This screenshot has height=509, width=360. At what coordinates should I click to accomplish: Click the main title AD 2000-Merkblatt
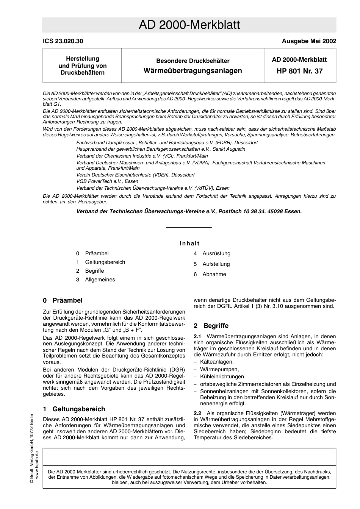click(189, 25)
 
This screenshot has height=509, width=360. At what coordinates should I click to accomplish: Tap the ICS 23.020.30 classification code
click(63, 41)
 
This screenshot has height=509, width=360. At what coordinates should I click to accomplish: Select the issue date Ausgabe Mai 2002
click(308, 41)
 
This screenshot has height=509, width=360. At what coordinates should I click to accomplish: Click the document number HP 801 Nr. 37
click(299, 71)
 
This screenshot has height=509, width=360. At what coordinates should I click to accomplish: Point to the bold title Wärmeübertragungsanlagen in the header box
click(193, 71)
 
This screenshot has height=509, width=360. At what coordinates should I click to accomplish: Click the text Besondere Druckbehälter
click(193, 61)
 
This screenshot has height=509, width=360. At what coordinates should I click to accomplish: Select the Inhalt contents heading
click(189, 244)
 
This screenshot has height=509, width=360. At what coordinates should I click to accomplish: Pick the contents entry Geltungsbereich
click(105, 262)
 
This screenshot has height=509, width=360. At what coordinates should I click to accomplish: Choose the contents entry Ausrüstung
click(216, 253)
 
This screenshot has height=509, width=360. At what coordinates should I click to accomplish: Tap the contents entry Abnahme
click(214, 274)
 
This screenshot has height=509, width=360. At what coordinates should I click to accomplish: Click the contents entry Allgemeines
click(100, 279)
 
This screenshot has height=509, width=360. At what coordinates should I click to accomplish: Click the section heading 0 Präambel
click(63, 300)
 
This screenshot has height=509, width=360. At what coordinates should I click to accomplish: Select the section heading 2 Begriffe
click(211, 326)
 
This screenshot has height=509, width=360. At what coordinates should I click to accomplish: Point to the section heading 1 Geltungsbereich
click(74, 409)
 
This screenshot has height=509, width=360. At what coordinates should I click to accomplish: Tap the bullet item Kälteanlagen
click(217, 362)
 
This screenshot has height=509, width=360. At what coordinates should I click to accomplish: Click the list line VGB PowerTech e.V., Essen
click(107, 181)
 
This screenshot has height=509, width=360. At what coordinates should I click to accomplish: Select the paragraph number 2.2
click(197, 413)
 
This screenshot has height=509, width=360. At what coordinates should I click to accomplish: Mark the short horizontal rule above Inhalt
click(189, 227)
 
